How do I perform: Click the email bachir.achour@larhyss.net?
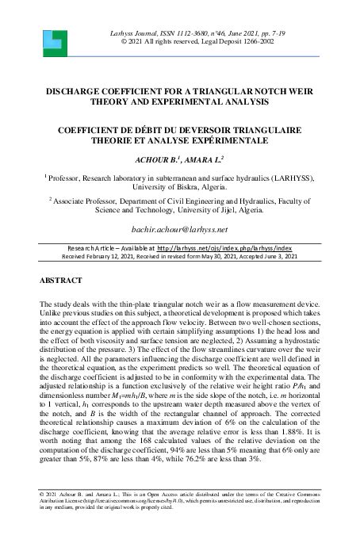coord(179,229)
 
